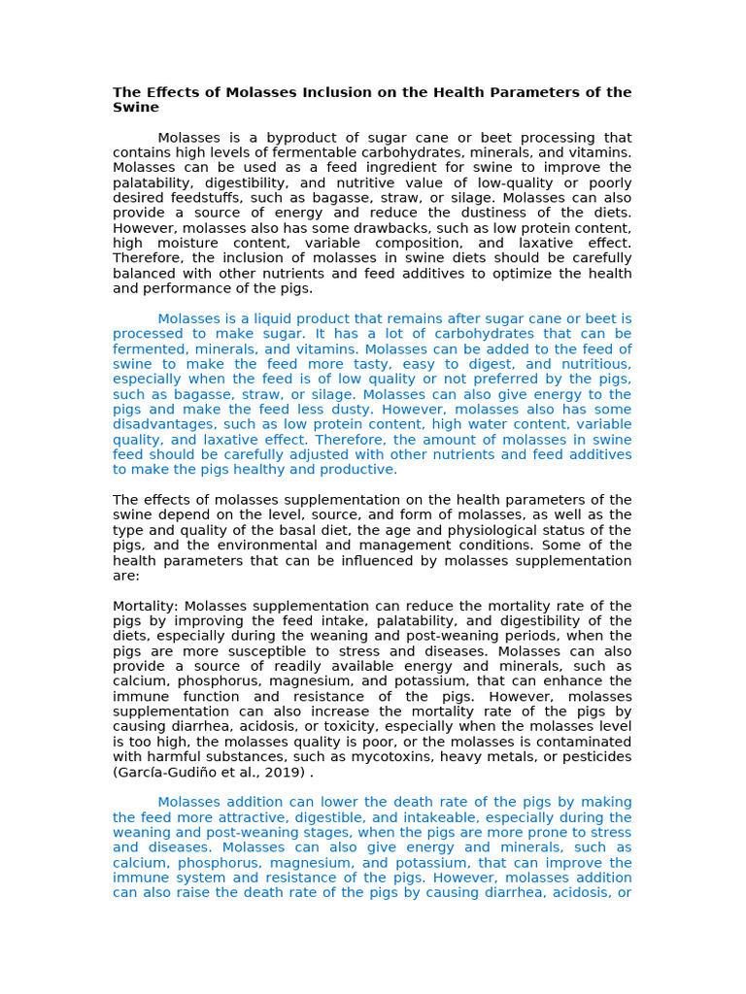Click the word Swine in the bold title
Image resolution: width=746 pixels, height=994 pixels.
[136, 108]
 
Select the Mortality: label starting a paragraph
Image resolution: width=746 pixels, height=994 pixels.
[145, 606]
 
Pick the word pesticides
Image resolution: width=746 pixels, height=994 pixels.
[593, 757]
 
